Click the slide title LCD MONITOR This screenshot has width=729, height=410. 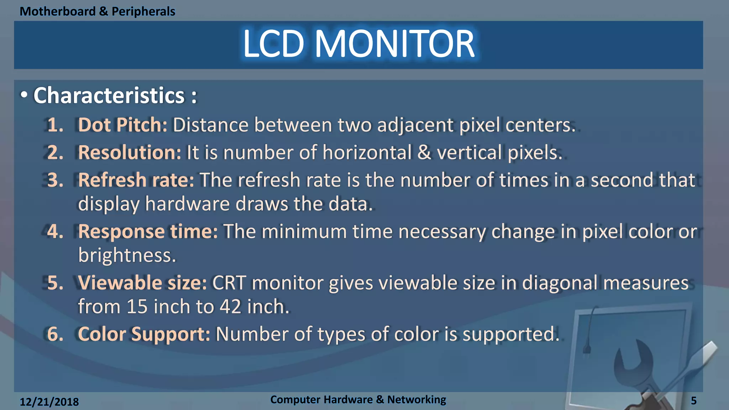coord(358,44)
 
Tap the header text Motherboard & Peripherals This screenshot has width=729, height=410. coord(97,11)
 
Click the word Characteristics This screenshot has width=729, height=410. coord(109,95)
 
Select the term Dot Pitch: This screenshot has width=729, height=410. coord(122,125)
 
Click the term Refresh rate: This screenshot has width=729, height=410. coord(136,180)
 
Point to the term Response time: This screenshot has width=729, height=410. coord(148,231)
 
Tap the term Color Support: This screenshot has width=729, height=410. coord(144,334)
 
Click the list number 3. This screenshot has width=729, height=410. coord(55,180)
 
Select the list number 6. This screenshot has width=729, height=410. coord(55,334)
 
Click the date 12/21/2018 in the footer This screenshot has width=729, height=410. coord(49,402)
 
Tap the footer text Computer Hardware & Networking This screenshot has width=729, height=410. coord(358,399)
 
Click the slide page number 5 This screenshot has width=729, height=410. coord(693,401)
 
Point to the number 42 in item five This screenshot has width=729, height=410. coord(230,306)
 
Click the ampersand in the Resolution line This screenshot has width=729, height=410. coord(424,152)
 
